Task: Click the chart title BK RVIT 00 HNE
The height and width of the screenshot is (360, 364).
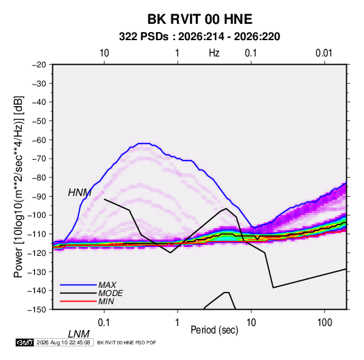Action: point(200,19)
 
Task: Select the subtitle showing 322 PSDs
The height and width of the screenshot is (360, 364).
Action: point(199,37)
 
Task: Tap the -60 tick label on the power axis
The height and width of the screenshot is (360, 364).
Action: point(39,140)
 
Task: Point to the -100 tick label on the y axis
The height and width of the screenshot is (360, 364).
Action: point(37,215)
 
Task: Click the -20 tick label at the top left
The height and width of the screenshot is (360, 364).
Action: point(39,65)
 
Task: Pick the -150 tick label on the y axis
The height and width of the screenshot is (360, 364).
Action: point(37,310)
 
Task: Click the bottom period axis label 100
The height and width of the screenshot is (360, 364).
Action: point(325,323)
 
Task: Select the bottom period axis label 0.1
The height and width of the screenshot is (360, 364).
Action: point(104,323)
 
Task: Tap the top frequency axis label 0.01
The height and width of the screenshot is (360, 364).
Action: point(324,53)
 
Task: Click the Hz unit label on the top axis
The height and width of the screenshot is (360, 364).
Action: point(214,53)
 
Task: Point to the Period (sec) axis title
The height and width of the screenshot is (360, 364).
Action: point(214,330)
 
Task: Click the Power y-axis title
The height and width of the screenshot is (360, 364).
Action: point(18,186)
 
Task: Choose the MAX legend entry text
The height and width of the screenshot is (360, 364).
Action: point(107,284)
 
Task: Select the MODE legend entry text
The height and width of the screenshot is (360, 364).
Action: point(110,293)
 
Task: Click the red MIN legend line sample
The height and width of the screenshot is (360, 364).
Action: point(78,301)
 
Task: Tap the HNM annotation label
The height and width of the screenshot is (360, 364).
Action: point(80,193)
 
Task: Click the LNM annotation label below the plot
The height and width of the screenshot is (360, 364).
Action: point(79,334)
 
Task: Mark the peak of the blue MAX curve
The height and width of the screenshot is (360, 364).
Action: point(144,144)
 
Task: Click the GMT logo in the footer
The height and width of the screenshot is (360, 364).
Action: point(25,342)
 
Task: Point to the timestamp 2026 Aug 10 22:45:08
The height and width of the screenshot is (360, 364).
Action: point(63,342)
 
